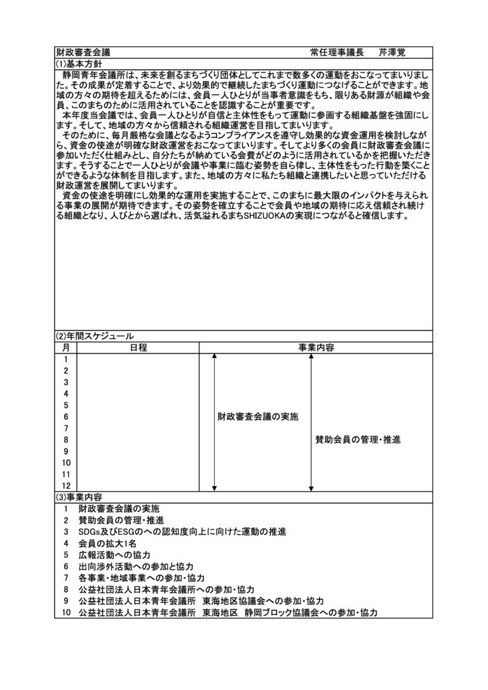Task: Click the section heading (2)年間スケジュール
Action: point(95,336)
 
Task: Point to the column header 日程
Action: point(138,348)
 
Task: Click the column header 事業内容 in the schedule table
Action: point(316,348)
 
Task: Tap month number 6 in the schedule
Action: point(65,417)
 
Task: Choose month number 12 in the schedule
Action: point(65,485)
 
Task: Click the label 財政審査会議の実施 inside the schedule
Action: point(257,417)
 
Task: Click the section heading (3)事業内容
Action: point(79,497)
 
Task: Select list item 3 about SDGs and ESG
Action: point(182,531)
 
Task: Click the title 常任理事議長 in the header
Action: point(337,52)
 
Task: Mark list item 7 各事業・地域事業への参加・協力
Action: point(141,578)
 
